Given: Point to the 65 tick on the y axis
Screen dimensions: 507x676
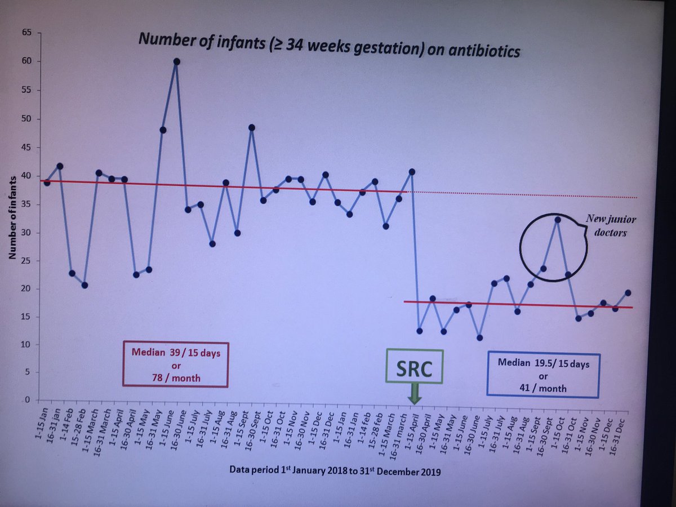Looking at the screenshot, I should (25, 33).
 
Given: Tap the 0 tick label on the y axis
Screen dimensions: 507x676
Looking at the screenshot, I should (26, 400).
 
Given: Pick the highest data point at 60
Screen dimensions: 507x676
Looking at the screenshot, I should (176, 61).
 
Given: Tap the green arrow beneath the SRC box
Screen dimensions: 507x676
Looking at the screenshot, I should (414, 393).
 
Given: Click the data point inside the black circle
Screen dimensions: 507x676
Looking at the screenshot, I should (557, 220).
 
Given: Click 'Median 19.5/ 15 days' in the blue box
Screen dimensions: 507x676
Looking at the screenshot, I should (543, 364).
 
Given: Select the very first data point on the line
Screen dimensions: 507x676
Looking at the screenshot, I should (47, 183).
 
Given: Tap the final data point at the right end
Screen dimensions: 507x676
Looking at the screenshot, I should (628, 292).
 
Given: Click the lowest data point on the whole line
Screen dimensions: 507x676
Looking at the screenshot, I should (479, 337).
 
